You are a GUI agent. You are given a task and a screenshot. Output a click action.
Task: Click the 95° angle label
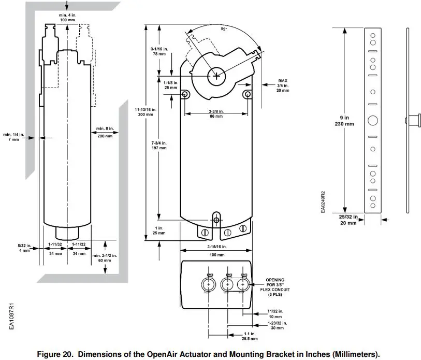coord(224,29)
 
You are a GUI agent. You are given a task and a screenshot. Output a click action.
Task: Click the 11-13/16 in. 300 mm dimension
coord(146,111)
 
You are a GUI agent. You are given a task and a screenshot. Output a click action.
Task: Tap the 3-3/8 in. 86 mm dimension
coord(215,114)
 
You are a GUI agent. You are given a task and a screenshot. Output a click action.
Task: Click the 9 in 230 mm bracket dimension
coord(344,121)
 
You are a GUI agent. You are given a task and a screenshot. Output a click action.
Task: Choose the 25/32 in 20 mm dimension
coord(347,220)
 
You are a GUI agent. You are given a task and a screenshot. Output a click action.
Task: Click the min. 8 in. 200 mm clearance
coord(105,132)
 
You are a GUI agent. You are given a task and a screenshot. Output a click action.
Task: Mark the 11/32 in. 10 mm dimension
coord(275,313)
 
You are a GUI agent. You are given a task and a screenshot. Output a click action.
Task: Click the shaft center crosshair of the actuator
coord(215,76)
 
